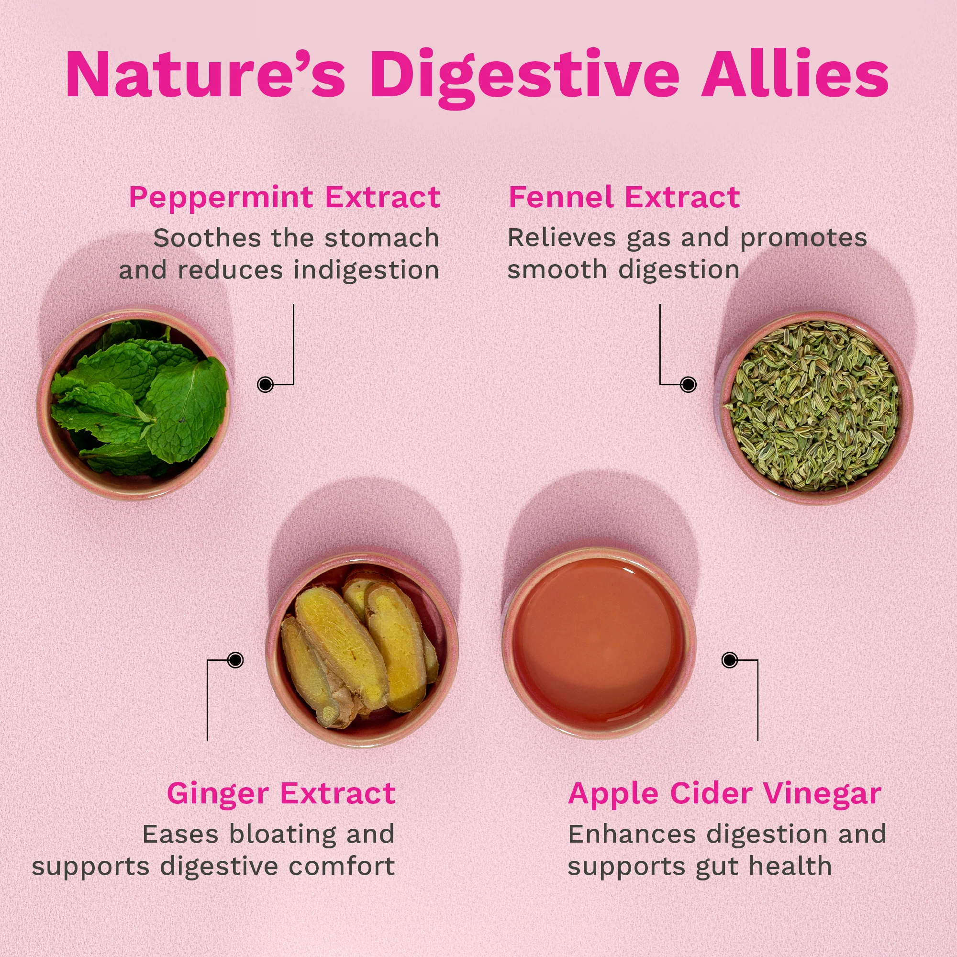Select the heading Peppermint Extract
coord(284,198)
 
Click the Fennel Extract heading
coord(624,197)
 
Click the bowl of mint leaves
coord(133,404)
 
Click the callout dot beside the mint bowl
coord(266,384)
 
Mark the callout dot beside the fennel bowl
coord(688,384)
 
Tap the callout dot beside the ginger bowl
coord(235,660)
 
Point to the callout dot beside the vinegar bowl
coord(730,660)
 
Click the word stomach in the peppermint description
coord(382,238)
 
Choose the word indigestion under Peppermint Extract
coord(367,271)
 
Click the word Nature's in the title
coord(206,74)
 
